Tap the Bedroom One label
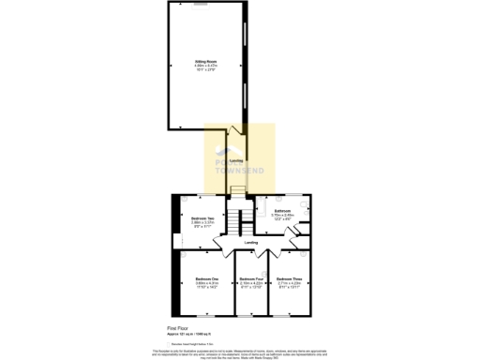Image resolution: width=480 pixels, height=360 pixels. click(206, 279)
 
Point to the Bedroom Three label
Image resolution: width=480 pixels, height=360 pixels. click(289, 279)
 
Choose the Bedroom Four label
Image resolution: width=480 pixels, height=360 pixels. click(249, 279)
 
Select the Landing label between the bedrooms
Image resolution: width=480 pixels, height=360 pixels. click(251, 243)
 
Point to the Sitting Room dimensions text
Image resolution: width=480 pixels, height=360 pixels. click(205, 67)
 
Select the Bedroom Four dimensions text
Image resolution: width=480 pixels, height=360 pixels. click(249, 286)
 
